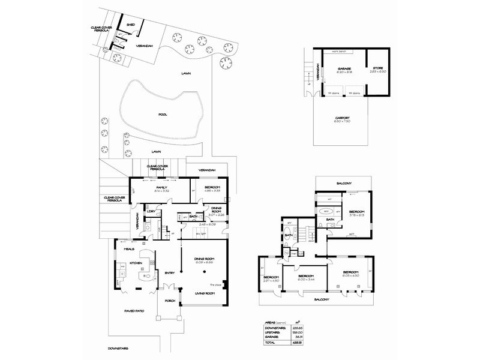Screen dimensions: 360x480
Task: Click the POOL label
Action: point(163,114)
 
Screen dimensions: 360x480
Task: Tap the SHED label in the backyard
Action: point(130,25)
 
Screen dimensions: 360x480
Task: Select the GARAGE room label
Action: point(344,69)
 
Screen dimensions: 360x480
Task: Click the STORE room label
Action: point(378,69)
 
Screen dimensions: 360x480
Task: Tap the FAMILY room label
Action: point(161,187)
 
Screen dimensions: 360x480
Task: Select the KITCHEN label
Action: point(136,263)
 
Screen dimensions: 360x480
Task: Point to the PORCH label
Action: point(170,301)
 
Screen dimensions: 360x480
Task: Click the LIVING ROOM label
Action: point(205,293)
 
